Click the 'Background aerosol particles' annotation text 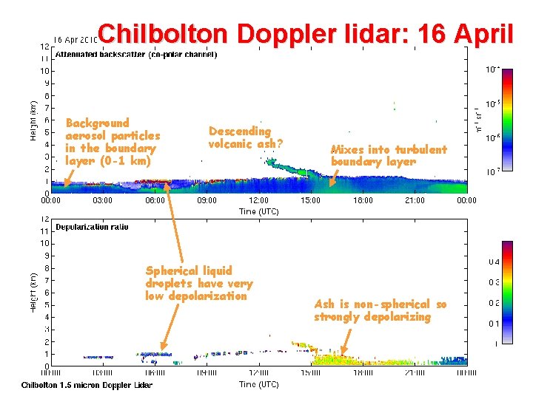pos(113,142)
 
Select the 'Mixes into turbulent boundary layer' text pos(389,155)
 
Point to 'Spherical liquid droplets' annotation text pos(199,283)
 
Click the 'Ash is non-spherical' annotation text pos(380,310)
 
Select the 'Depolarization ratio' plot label pos(92,227)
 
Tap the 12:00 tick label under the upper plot pos(258,200)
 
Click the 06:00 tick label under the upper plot pos(155,200)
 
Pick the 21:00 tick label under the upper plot pos(415,200)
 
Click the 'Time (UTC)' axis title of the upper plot pos(258,211)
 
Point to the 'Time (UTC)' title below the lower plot pos(258,384)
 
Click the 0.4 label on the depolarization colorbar pos(493,262)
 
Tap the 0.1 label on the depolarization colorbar pos(493,323)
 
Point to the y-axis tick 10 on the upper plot pos(44,71)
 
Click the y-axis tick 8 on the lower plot pos(46,268)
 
